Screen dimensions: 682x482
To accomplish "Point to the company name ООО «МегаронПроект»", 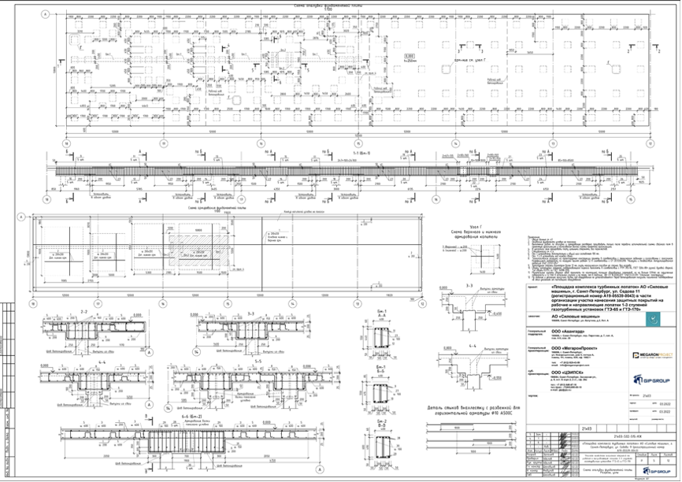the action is click(573, 347).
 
